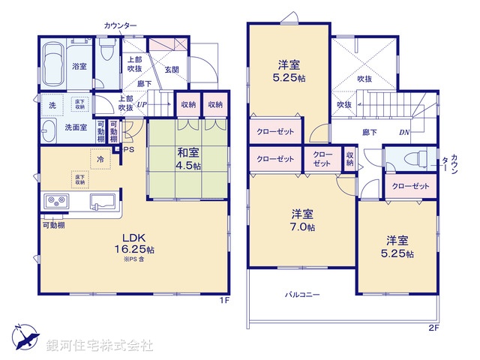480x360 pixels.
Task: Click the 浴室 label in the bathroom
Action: coord(79,67)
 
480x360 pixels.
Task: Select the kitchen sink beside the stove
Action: coord(104,201)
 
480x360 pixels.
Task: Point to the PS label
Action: coord(130,149)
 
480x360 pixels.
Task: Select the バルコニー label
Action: coord(302,295)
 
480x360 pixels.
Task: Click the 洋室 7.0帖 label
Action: coord(303,219)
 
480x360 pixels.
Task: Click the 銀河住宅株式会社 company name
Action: coord(100,346)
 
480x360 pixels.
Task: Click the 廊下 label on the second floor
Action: coord(370,132)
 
